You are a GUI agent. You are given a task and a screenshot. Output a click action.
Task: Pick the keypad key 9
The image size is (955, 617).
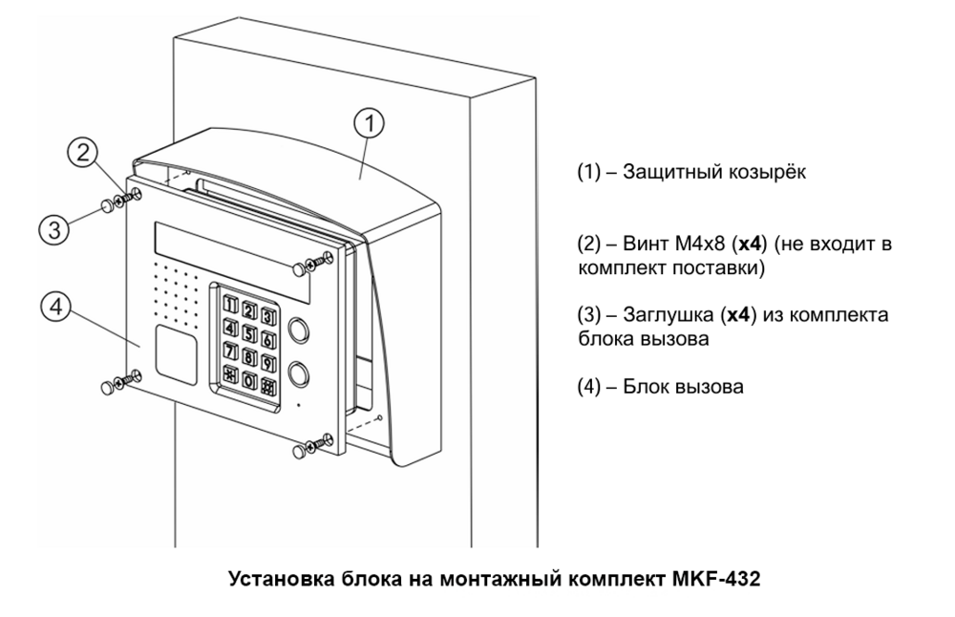coord(269,360)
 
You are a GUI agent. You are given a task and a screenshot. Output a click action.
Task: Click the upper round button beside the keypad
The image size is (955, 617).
coord(298,331)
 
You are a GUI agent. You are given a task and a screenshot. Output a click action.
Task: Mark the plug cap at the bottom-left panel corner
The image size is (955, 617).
coord(106,387)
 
